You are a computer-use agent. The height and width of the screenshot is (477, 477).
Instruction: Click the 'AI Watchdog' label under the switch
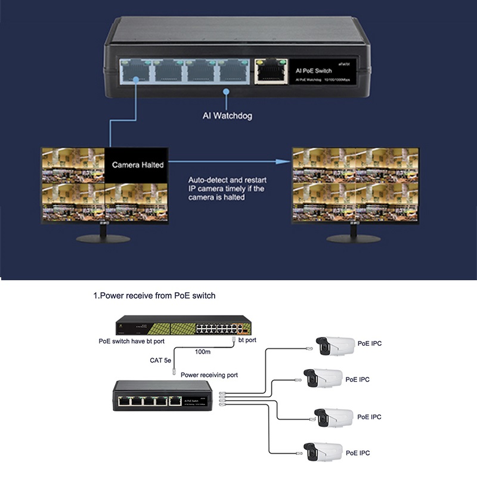pos(227,116)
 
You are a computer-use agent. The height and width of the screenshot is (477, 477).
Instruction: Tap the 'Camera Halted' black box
pos(138,164)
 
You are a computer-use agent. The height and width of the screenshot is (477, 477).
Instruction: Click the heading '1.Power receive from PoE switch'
pos(154,296)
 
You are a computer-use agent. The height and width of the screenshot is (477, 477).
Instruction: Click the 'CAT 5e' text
pos(161,360)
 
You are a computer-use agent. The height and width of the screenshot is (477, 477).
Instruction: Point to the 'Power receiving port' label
pos(209,375)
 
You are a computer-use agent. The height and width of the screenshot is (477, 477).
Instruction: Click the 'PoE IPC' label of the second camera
pos(357,379)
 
